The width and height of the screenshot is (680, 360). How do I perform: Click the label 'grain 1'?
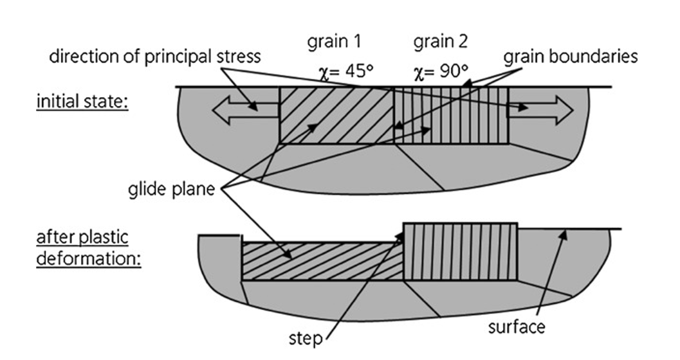point(335,43)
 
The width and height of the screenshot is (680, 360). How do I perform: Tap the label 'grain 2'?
point(440,43)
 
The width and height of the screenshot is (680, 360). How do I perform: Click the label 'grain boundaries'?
point(570,56)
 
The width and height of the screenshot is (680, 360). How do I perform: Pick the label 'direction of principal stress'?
point(154,56)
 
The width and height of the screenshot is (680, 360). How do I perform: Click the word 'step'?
point(305,337)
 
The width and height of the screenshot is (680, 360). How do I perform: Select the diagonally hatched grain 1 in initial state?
point(336,116)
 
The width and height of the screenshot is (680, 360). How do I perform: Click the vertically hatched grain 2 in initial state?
point(451,116)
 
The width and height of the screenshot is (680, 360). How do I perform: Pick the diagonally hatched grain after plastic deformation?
point(322,261)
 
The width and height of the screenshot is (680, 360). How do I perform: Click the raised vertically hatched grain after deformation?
point(460,251)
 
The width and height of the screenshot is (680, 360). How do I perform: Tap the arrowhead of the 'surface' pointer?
point(564,232)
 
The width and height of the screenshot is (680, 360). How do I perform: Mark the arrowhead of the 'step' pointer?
point(403,235)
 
